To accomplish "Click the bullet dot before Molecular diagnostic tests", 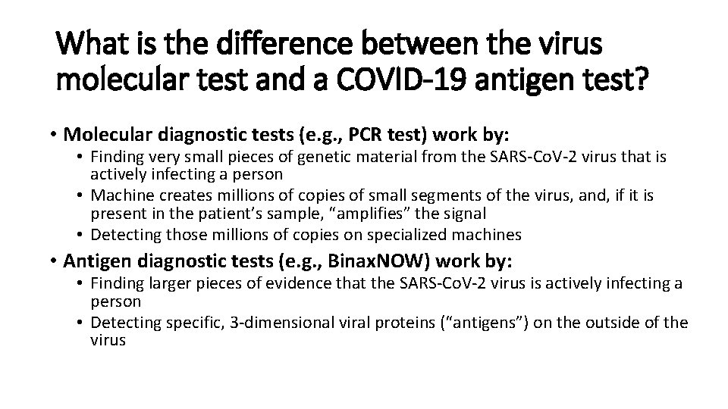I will pos(55,136).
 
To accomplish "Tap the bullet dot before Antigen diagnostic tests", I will pos(55,262).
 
